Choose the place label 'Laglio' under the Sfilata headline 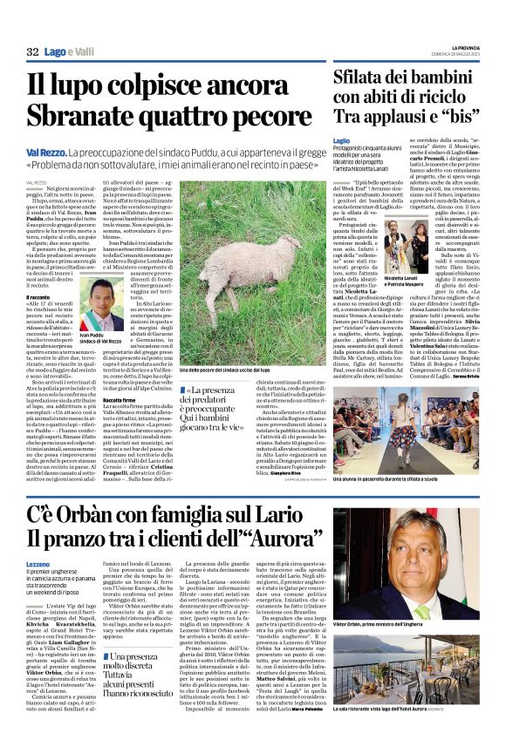click(x=341, y=139)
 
